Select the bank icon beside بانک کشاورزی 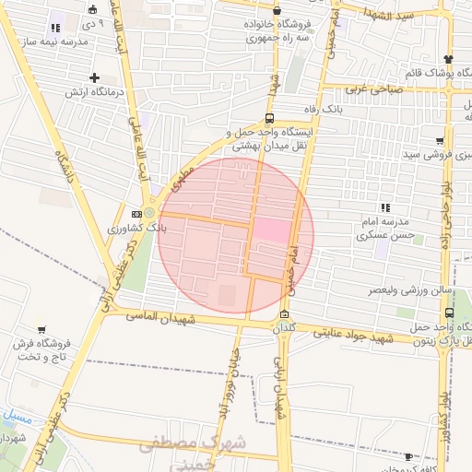(x=136, y=214)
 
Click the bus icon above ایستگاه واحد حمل (x=268, y=118)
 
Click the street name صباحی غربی (x=381, y=89)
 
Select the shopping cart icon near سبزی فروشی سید (x=439, y=141)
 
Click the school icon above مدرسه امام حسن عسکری (x=384, y=207)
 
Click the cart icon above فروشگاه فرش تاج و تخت (x=41, y=329)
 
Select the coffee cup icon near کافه (x=408, y=456)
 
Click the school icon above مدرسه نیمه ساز (x=55, y=28)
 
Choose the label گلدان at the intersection (x=283, y=328)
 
